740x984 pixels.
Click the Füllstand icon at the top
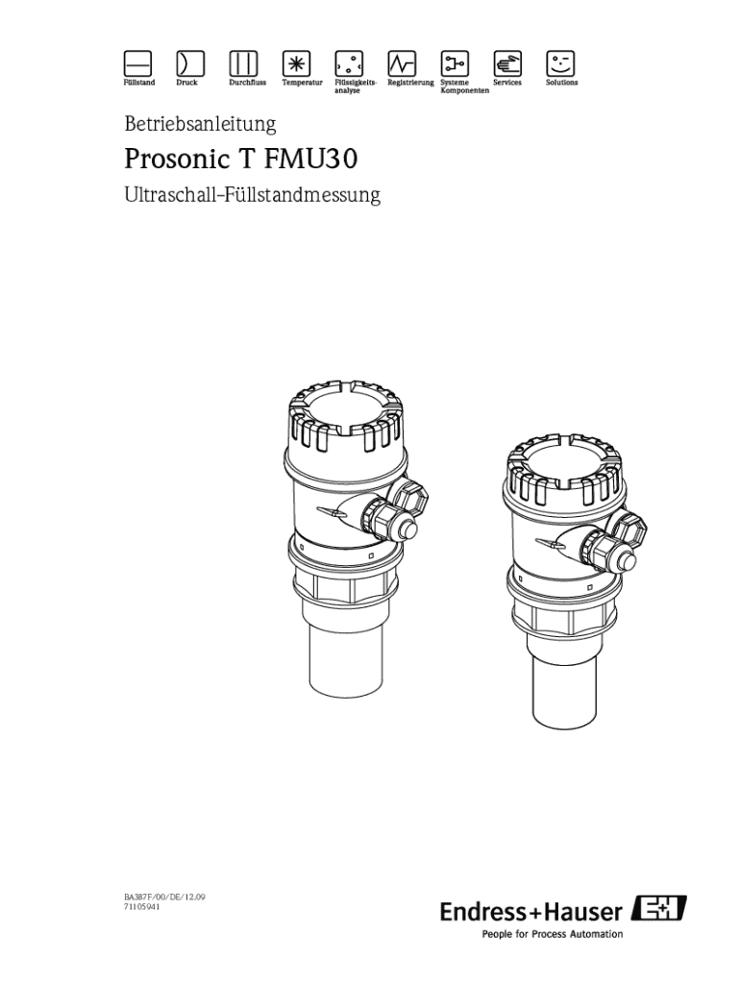click(137, 63)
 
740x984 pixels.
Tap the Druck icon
click(190, 63)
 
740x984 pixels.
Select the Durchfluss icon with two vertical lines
click(243, 63)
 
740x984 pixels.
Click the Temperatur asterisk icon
click(296, 63)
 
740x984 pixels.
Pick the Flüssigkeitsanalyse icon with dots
click(348, 63)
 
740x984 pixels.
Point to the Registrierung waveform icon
click(402, 63)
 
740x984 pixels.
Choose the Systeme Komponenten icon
click(455, 63)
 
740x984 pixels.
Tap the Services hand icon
click(507, 63)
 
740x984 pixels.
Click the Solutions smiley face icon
click(560, 63)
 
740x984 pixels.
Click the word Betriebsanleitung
click(200, 124)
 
